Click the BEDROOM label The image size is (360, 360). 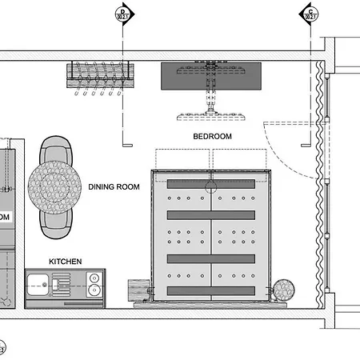coord(212,137)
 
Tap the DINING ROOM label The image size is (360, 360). coord(114,187)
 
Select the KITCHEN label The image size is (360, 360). coord(66,262)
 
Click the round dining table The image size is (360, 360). coord(54,186)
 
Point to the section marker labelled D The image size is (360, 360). coord(122,13)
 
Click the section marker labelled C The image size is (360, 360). coord(310,13)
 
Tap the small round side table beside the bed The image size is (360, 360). coord(283,290)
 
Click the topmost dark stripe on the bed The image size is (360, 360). coord(212,184)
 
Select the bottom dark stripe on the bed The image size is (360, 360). coord(212,289)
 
